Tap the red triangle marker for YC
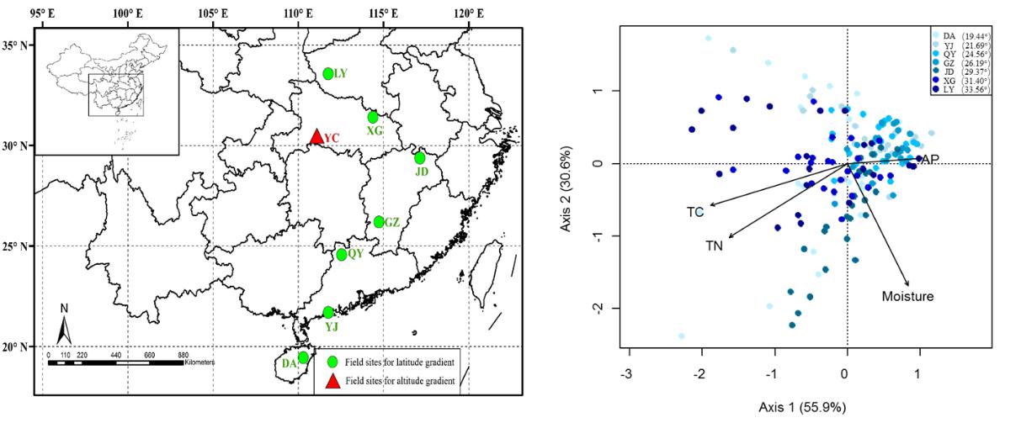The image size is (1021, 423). (316, 136)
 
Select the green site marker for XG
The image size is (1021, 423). (373, 117)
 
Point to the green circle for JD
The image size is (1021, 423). (420, 158)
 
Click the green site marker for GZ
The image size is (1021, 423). (379, 222)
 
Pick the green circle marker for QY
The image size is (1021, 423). (342, 255)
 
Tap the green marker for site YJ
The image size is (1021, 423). (328, 312)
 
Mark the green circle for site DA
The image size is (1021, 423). (303, 357)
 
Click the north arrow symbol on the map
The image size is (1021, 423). (61, 324)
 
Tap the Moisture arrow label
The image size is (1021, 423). (907, 296)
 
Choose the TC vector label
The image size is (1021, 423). (695, 212)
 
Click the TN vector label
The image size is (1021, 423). (714, 246)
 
